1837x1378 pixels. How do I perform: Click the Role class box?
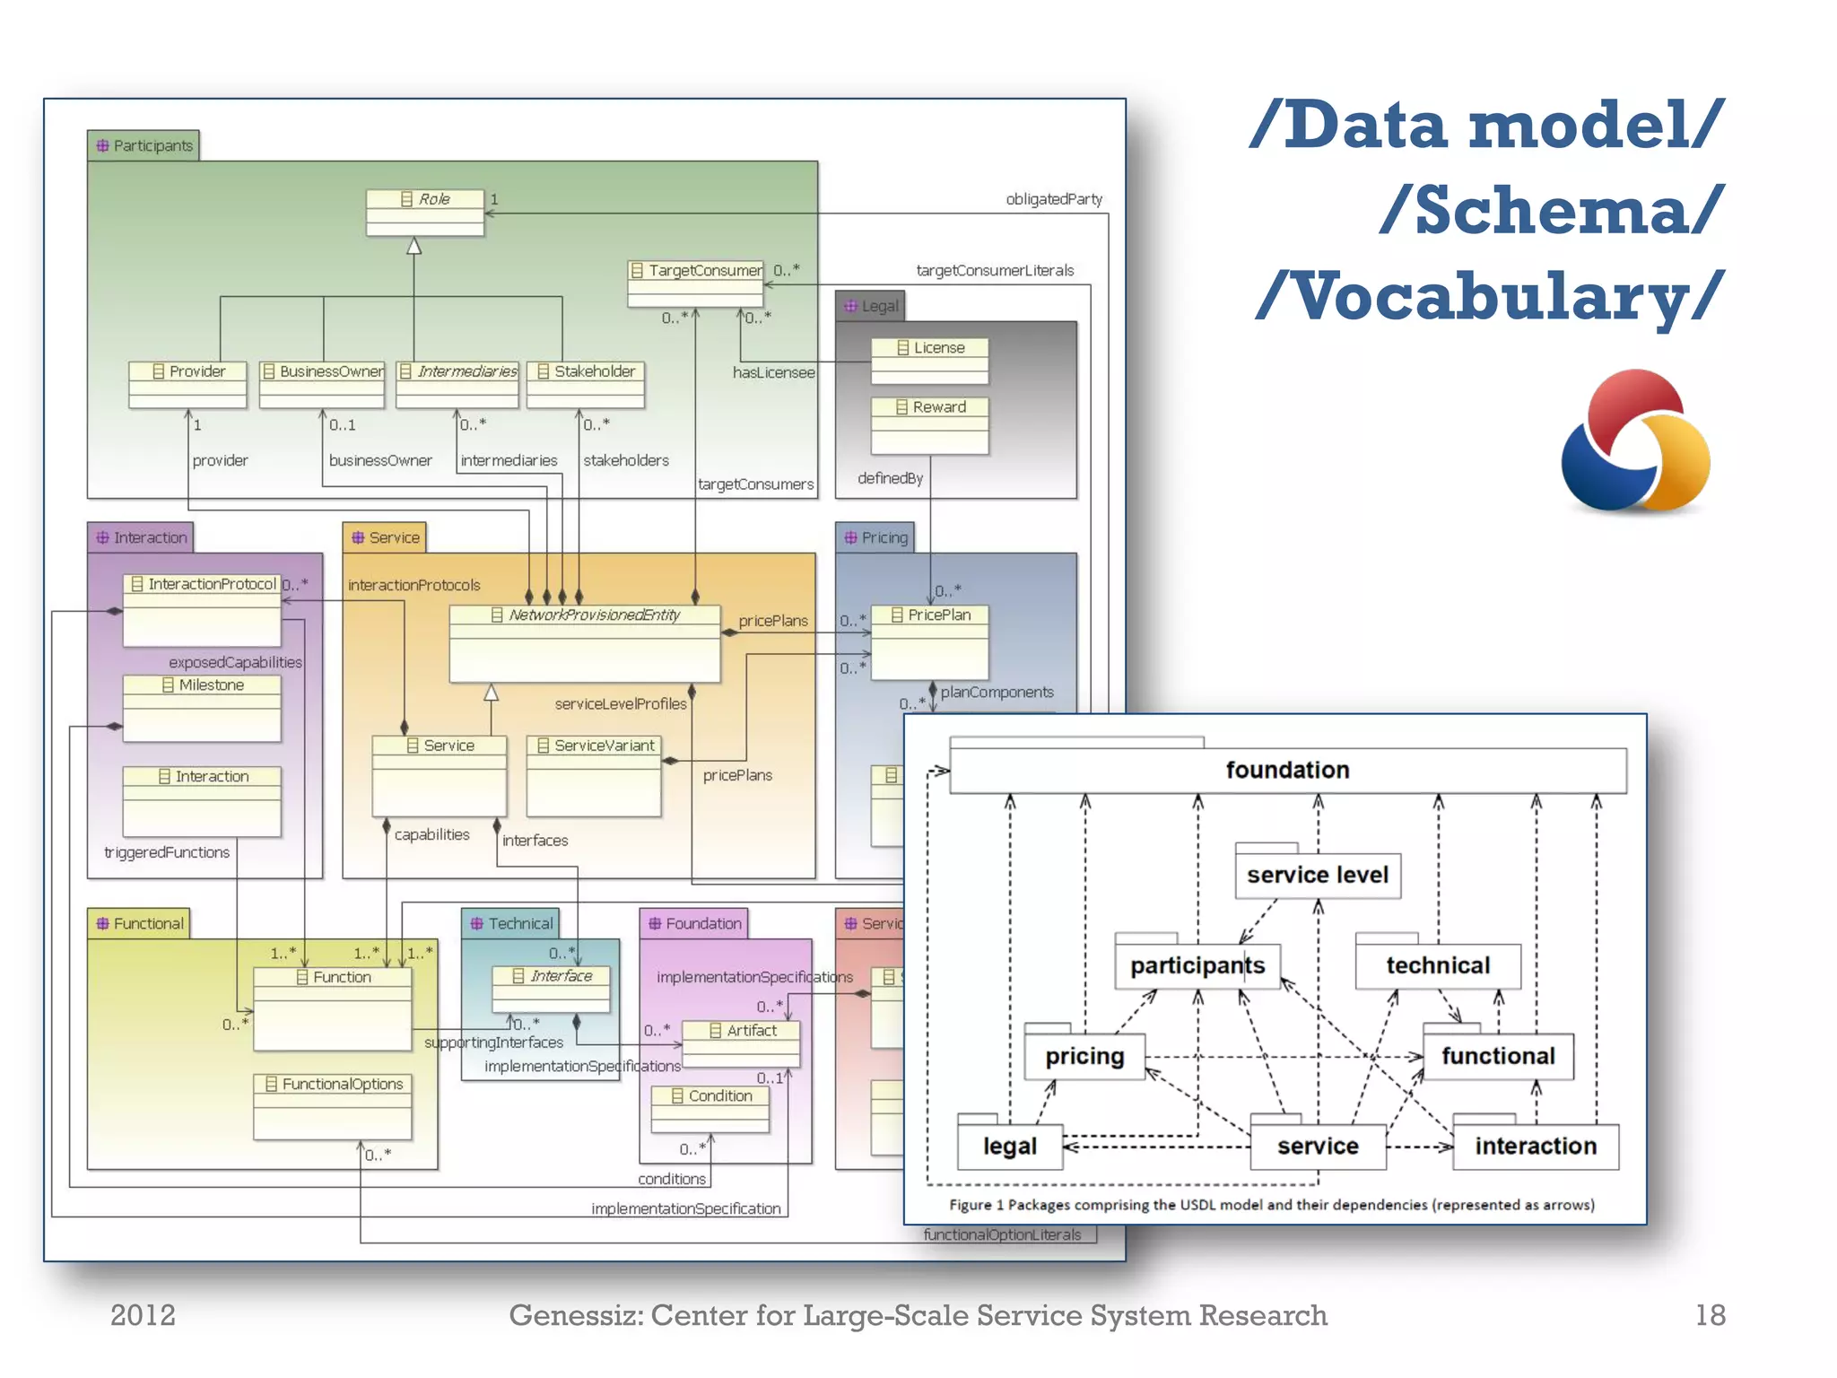pos(425,212)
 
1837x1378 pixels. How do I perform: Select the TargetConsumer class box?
pos(696,283)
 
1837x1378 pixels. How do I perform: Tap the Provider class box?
pos(187,384)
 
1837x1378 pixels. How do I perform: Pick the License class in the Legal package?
pos(929,360)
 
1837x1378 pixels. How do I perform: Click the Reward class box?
pos(929,425)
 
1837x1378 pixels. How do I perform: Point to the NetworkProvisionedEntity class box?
pos(585,642)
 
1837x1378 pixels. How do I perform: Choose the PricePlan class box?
pos(929,641)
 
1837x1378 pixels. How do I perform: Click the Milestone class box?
pos(202,708)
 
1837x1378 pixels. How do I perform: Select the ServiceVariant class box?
pos(594,775)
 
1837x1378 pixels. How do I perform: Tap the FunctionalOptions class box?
pos(333,1105)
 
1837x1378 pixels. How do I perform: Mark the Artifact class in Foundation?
pos(741,1043)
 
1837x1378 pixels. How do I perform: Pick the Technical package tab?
pos(511,923)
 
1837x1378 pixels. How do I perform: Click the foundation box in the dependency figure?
pos(1287,771)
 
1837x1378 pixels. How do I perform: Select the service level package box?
pos(1317,875)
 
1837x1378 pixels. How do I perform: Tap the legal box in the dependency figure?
pos(1009,1147)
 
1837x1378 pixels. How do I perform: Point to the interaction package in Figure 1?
pos(1535,1147)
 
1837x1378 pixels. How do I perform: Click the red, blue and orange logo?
pos(1635,440)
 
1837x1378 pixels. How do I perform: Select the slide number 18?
pos(1710,1315)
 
